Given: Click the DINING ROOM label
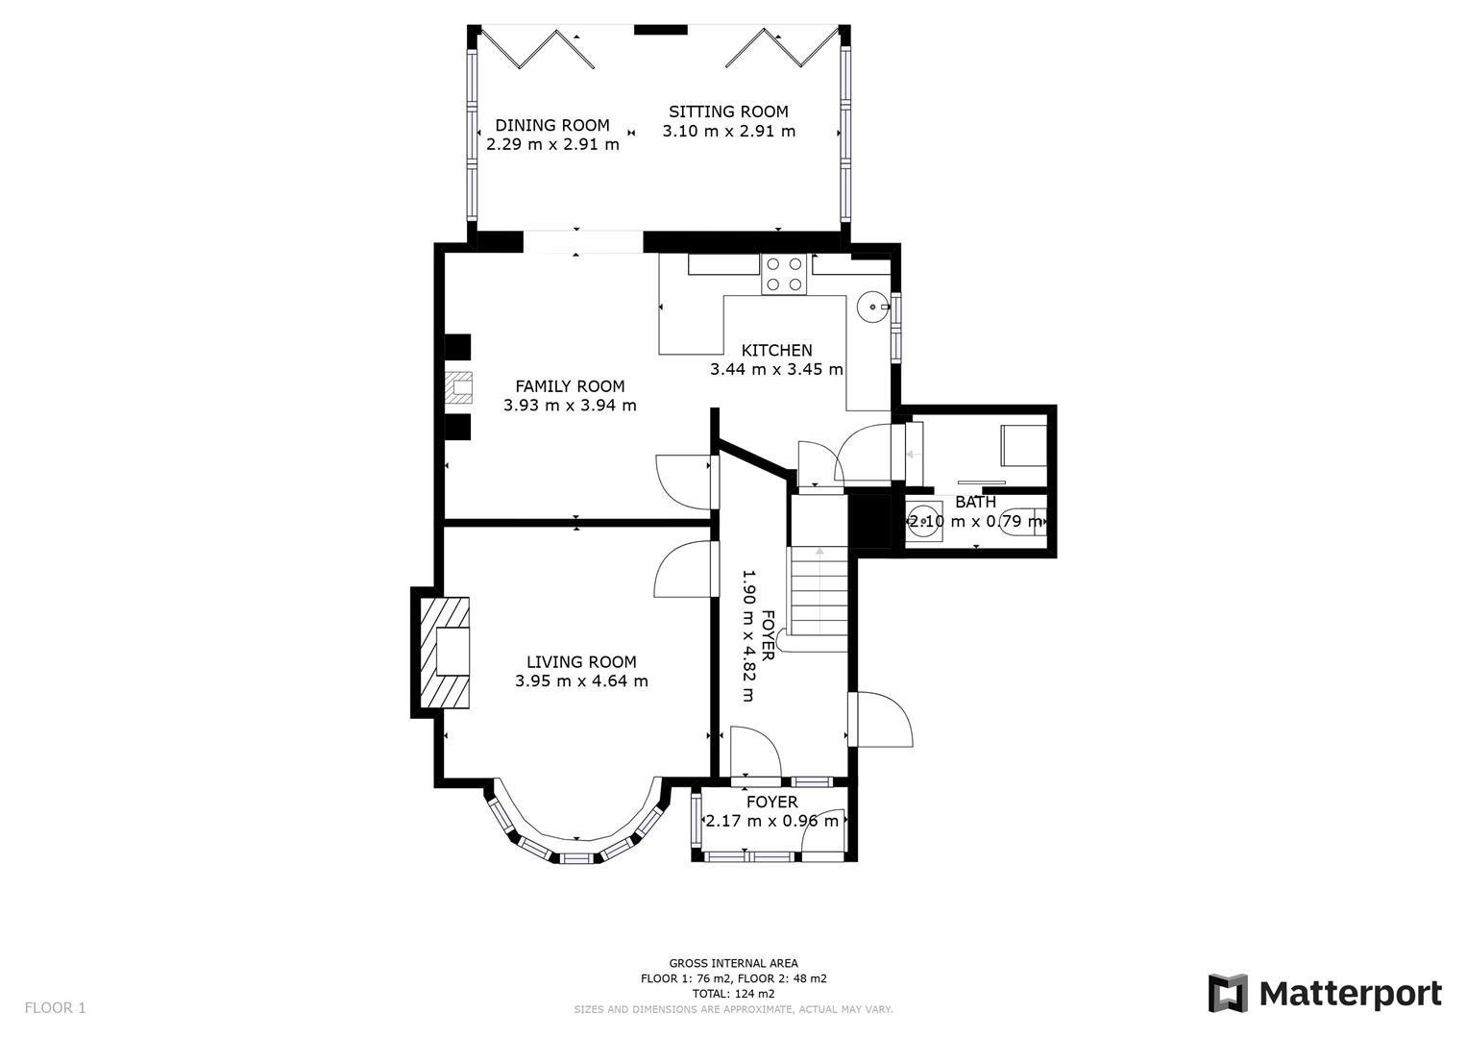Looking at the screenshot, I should [551, 126].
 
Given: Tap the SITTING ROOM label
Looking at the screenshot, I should [728, 112].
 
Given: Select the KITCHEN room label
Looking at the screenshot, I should [776, 351].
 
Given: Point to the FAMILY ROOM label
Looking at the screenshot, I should [570, 386].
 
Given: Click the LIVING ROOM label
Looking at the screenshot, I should [581, 662].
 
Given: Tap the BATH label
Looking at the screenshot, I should [975, 503].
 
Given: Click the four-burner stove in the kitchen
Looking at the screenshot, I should [783, 274].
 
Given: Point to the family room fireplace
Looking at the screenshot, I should [459, 386].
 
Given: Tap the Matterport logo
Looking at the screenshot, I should [1325, 994].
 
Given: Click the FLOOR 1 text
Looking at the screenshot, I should [55, 1008].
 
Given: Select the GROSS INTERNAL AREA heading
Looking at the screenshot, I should [733, 963].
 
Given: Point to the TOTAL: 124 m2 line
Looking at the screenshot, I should [733, 994].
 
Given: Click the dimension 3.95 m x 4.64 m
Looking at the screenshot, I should [581, 681].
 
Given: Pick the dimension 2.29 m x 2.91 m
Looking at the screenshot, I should [552, 145].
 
